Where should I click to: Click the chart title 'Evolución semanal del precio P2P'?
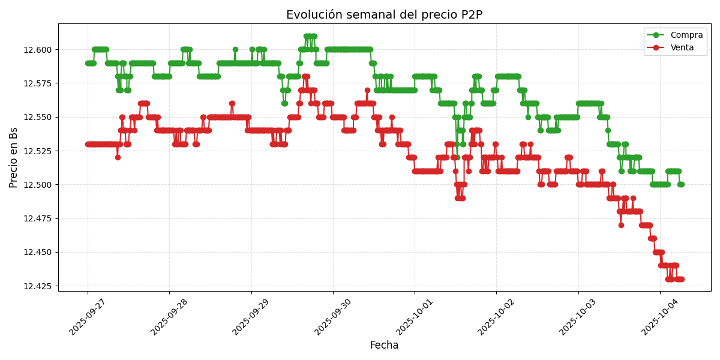pos(384,15)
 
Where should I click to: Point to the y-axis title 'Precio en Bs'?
pos(14,157)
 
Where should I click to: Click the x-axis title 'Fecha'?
pos(384,346)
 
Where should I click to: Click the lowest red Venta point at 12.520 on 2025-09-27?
pos(118,157)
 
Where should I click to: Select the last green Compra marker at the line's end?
pos(681,184)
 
